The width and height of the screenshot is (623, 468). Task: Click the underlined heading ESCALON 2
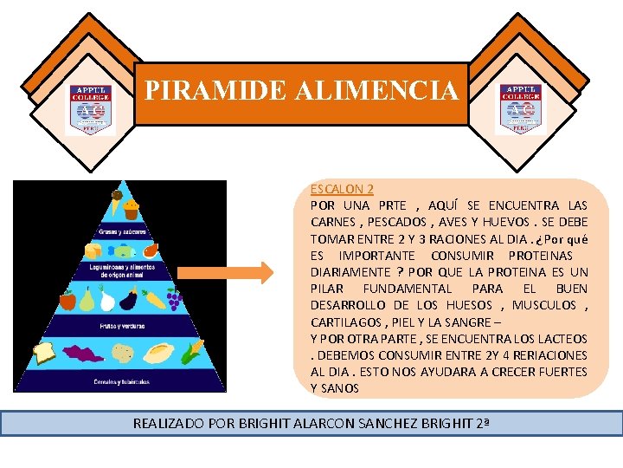click(x=342, y=189)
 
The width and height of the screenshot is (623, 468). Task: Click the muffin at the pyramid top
click(x=131, y=209)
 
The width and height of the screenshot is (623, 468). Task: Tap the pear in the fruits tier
click(x=87, y=299)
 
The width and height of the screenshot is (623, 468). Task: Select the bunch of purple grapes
click(x=173, y=300)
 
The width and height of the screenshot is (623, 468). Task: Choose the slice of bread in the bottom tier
click(x=44, y=352)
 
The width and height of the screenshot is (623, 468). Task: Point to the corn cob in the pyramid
click(x=195, y=352)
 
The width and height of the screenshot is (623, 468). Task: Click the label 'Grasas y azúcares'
click(x=119, y=231)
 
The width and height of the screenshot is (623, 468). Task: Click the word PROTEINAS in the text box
click(x=540, y=256)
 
